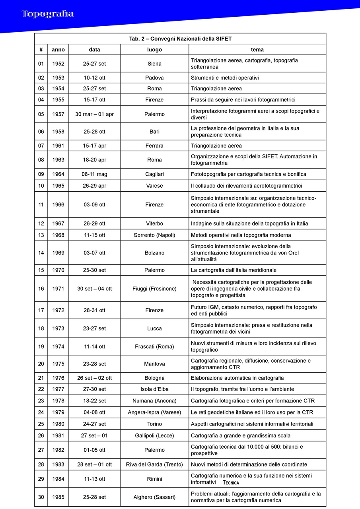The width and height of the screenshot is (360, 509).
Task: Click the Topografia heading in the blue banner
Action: tap(48, 14)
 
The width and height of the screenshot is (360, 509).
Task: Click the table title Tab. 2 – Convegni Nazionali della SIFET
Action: tap(180, 39)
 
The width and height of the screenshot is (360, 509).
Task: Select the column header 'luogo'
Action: tap(154, 50)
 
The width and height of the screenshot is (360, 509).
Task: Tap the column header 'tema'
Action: tap(257, 50)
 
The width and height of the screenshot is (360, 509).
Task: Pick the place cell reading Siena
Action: tap(154, 64)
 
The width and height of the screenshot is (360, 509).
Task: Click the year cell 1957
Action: tap(58, 114)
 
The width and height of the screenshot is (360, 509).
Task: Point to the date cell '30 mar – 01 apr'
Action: tap(94, 114)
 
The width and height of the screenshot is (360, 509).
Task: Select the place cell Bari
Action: tap(154, 132)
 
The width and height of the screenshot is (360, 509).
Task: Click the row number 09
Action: tap(41, 174)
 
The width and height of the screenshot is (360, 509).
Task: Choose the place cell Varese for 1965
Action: tap(154, 186)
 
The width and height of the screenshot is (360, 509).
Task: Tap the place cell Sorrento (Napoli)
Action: tap(154, 235)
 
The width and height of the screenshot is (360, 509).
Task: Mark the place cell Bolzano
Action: tap(154, 253)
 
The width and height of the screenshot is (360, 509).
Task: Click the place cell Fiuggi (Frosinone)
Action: tap(154, 289)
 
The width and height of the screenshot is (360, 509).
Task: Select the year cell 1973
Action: tap(58, 328)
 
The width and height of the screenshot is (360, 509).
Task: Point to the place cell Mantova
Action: tap(154, 364)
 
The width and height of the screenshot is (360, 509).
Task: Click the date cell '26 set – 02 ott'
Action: tap(94, 378)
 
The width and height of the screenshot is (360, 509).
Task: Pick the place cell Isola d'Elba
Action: tap(154, 389)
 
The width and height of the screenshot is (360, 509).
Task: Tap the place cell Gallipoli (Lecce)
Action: tap(154, 435)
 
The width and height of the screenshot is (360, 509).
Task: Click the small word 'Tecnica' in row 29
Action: tap(231, 483)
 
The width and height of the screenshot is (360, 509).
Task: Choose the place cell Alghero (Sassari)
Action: tap(154, 497)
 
